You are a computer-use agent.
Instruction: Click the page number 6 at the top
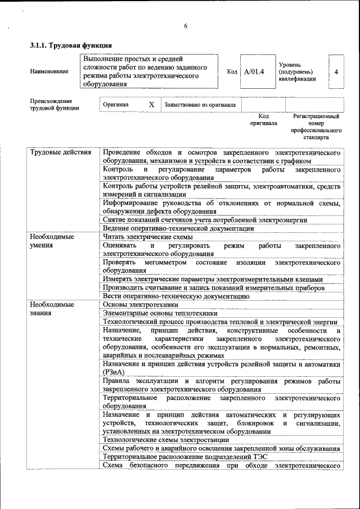tap(185, 26)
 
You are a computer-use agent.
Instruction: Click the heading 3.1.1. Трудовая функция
tap(71, 45)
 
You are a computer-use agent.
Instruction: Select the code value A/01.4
tap(254, 71)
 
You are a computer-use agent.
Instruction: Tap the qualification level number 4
tap(336, 71)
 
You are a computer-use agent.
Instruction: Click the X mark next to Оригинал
tap(151, 105)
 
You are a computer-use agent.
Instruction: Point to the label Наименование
tap(49, 71)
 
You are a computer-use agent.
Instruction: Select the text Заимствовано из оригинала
tap(200, 105)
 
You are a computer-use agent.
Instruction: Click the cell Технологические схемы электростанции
tap(166, 440)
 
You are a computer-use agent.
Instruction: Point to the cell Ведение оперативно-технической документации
tap(178, 228)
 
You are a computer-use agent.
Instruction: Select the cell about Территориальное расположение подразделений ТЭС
tap(188, 457)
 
